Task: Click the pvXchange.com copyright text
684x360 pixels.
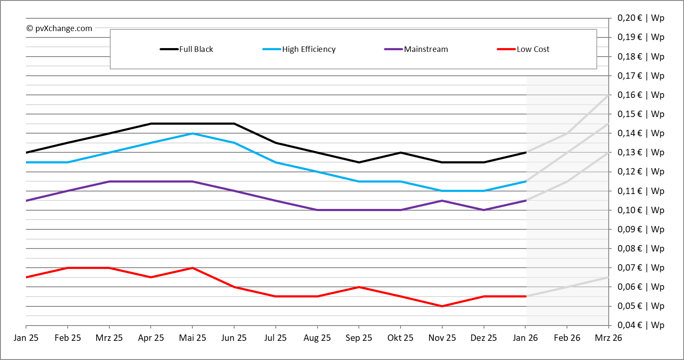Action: pyautogui.click(x=60, y=29)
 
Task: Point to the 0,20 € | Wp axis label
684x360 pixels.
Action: pyautogui.click(x=641, y=18)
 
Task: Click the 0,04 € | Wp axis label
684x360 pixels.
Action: pyautogui.click(x=641, y=325)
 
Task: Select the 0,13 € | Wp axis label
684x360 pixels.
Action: pyautogui.click(x=641, y=152)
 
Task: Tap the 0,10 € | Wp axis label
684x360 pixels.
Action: pyautogui.click(x=641, y=210)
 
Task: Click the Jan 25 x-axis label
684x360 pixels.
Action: pyautogui.click(x=26, y=338)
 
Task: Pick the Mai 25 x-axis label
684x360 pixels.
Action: pyautogui.click(x=192, y=338)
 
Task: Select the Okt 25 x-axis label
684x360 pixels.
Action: pyautogui.click(x=400, y=338)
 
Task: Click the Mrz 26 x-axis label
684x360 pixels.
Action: pyautogui.click(x=608, y=338)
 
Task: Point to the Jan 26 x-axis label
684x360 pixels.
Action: pyautogui.click(x=525, y=338)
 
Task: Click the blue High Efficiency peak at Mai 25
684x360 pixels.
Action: pyautogui.click(x=192, y=134)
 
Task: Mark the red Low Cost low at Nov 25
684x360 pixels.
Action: pyautogui.click(x=442, y=306)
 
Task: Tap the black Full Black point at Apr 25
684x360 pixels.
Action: pyautogui.click(x=151, y=124)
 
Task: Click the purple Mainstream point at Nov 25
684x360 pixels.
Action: pyautogui.click(x=442, y=200)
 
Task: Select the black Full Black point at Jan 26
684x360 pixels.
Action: pyautogui.click(x=526, y=152)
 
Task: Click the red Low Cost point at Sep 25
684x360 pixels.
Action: pyautogui.click(x=359, y=287)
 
